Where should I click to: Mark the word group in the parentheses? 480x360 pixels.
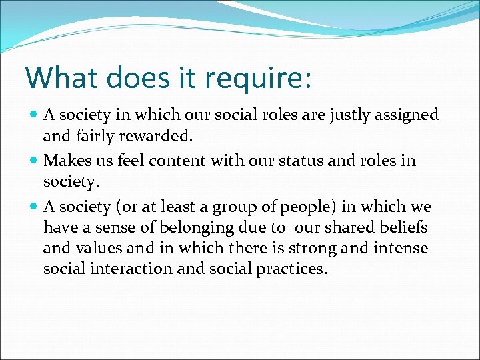pos(250,207)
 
